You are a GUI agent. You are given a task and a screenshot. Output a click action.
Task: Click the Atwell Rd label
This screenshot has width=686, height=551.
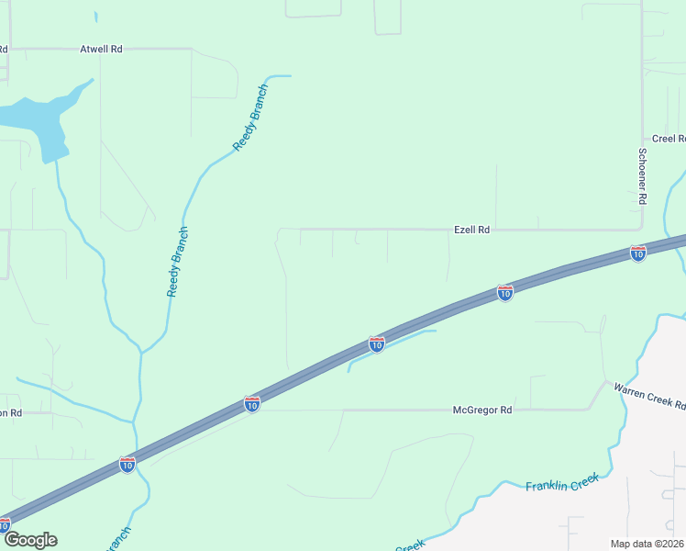click(x=101, y=49)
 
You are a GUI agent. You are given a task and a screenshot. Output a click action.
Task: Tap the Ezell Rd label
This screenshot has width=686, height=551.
click(x=472, y=230)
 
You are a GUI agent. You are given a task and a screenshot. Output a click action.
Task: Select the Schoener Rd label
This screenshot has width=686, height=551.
click(x=643, y=175)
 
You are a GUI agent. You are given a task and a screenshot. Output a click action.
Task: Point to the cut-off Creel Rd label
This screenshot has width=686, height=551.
click(x=669, y=139)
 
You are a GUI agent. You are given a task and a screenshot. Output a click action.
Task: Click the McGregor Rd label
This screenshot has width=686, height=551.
click(x=482, y=410)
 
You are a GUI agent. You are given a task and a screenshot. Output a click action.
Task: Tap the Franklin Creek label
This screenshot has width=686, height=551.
click(x=562, y=481)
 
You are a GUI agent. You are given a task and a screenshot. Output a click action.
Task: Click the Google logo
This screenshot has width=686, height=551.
click(x=30, y=540)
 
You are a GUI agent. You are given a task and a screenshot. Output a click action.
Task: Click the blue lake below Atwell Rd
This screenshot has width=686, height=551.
click(x=37, y=115)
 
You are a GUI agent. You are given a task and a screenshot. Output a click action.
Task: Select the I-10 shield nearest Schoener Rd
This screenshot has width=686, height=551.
click(x=637, y=253)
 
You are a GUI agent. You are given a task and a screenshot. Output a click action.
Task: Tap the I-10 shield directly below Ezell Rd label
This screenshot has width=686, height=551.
click(x=504, y=292)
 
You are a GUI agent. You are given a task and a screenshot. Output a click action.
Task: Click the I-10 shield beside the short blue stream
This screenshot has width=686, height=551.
click(x=376, y=343)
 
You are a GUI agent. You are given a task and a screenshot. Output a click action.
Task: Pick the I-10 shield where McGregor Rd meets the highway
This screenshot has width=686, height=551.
click(x=251, y=403)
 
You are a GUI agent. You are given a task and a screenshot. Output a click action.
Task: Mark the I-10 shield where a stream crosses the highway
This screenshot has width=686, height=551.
click(x=127, y=465)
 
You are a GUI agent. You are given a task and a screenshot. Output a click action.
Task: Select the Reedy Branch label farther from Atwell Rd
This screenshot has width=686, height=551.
click(x=177, y=262)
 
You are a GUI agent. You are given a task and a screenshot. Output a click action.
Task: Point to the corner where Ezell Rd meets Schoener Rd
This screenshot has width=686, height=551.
click(x=641, y=229)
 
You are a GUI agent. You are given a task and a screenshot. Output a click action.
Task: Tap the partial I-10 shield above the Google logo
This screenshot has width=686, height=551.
click(x=4, y=524)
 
